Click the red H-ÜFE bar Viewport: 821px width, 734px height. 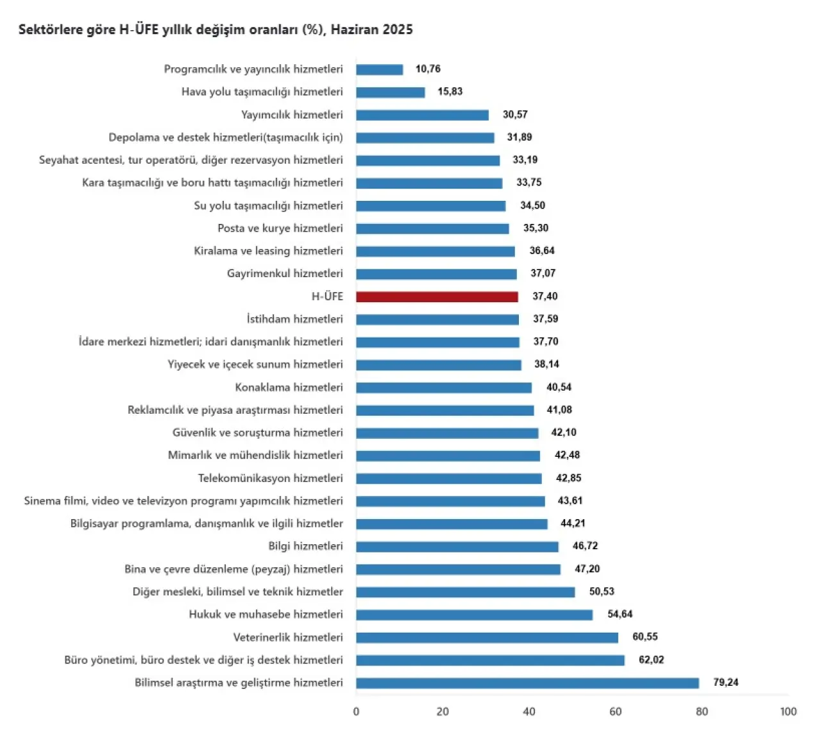(x=437, y=297)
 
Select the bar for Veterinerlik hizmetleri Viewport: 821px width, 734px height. (x=487, y=638)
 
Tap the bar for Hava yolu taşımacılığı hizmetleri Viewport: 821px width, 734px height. (x=390, y=92)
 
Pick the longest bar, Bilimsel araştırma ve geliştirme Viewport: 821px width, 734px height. (x=527, y=683)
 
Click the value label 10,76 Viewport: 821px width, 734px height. (x=428, y=69)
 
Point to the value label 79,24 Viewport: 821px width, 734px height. (x=725, y=683)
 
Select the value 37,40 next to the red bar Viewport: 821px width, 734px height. (x=545, y=296)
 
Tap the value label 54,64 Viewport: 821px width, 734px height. (x=620, y=615)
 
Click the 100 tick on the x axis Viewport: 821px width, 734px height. (x=788, y=712)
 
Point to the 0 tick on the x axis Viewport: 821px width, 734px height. (x=357, y=712)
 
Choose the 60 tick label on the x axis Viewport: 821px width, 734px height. (x=615, y=712)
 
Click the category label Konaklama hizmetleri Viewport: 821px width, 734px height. (x=289, y=388)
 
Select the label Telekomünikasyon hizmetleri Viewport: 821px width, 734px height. (x=270, y=479)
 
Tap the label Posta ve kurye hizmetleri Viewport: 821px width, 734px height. (x=280, y=228)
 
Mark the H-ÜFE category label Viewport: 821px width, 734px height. (x=327, y=296)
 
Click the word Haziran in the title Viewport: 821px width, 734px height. (x=355, y=30)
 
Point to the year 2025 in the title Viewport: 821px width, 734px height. (x=398, y=30)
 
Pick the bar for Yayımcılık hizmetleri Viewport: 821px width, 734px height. (x=422, y=115)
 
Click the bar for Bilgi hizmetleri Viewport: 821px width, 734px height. (x=457, y=547)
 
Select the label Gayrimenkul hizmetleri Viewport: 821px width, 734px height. (x=285, y=274)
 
